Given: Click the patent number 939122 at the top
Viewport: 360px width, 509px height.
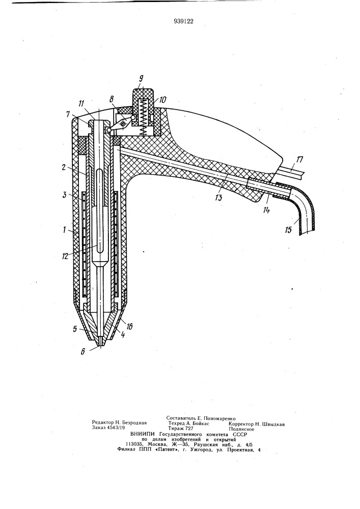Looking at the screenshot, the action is click(183, 21).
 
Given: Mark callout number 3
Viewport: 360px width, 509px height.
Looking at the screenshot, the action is click(65, 195).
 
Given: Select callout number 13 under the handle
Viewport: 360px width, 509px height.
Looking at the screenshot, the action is click(219, 197).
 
